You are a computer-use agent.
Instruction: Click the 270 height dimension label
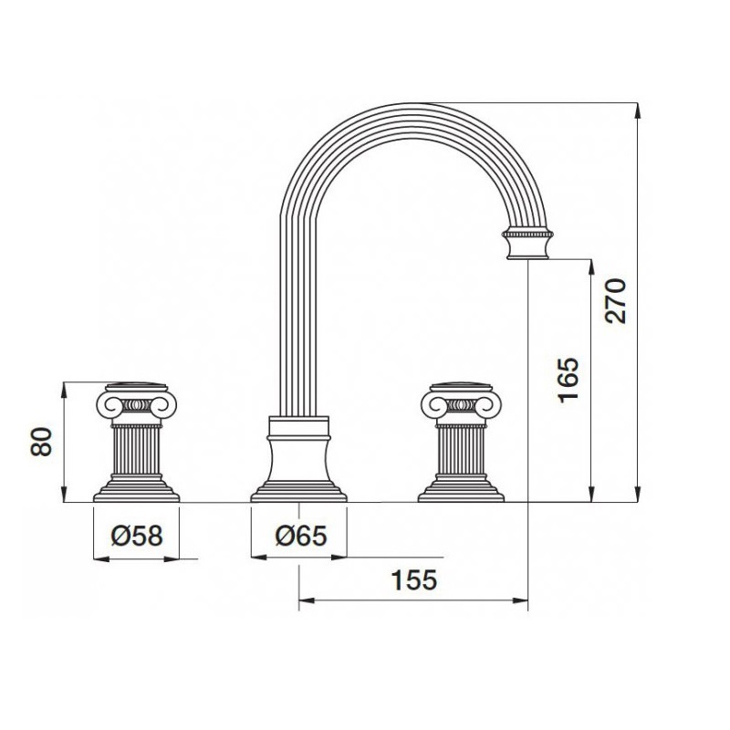coord(615,301)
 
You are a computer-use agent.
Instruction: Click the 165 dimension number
coord(568,380)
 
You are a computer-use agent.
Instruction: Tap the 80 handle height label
coord(40,442)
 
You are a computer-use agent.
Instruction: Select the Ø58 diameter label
coord(137,536)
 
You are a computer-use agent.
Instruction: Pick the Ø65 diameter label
coord(301,536)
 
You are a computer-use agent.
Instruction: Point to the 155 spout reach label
coord(414,579)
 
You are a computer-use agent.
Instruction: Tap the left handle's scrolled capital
coord(136,403)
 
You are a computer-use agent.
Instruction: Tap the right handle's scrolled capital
coord(462,403)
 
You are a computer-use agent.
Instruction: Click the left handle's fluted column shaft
coord(136,450)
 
